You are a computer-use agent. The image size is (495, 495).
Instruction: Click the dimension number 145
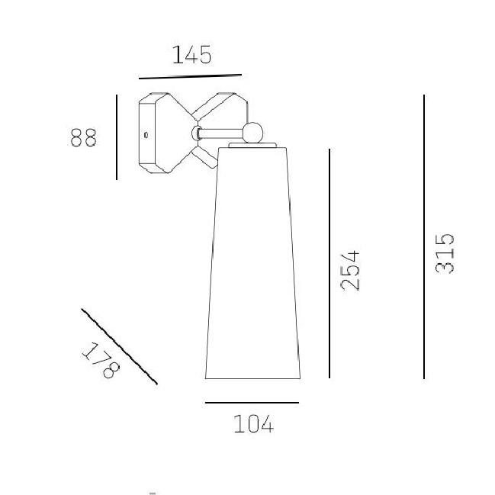tap(192, 55)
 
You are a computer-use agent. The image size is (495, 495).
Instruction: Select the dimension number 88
tap(83, 137)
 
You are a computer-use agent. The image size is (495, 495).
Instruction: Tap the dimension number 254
tap(350, 271)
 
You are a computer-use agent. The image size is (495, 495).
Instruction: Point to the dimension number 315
tap(445, 253)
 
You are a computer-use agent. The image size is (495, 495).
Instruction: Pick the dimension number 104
tap(254, 423)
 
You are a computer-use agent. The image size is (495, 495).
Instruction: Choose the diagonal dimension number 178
tap(101, 360)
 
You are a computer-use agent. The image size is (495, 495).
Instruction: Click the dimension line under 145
tap(191, 77)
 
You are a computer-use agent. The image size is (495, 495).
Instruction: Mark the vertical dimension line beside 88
tap(117, 137)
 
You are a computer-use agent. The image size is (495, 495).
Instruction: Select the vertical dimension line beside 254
tap(329, 264)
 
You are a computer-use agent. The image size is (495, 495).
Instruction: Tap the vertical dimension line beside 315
tap(423, 236)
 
